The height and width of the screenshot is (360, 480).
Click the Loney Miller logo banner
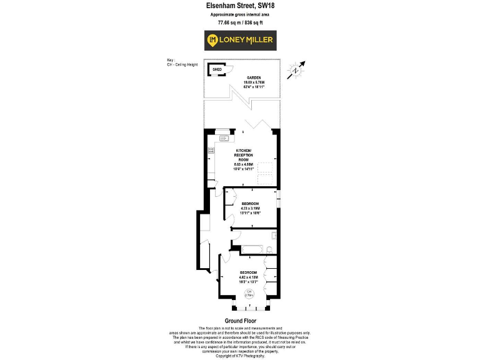(x=239, y=41)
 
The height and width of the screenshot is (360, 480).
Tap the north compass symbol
(x=296, y=71)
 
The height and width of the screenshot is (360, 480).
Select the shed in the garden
(x=217, y=70)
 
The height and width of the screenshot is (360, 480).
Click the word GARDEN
(x=254, y=77)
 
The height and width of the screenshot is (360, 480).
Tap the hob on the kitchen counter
(x=211, y=152)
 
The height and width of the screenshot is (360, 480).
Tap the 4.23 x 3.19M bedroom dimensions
(x=251, y=209)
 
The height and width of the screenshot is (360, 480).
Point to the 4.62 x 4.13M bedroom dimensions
(x=249, y=278)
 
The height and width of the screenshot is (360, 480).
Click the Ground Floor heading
(x=240, y=321)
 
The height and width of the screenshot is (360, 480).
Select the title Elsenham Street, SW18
(x=240, y=6)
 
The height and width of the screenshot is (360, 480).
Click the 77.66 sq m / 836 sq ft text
(x=240, y=22)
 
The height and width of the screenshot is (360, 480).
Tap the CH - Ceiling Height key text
(x=183, y=64)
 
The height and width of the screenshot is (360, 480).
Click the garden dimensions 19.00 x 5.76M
(x=254, y=82)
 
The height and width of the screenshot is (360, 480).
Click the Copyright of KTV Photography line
(x=240, y=356)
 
